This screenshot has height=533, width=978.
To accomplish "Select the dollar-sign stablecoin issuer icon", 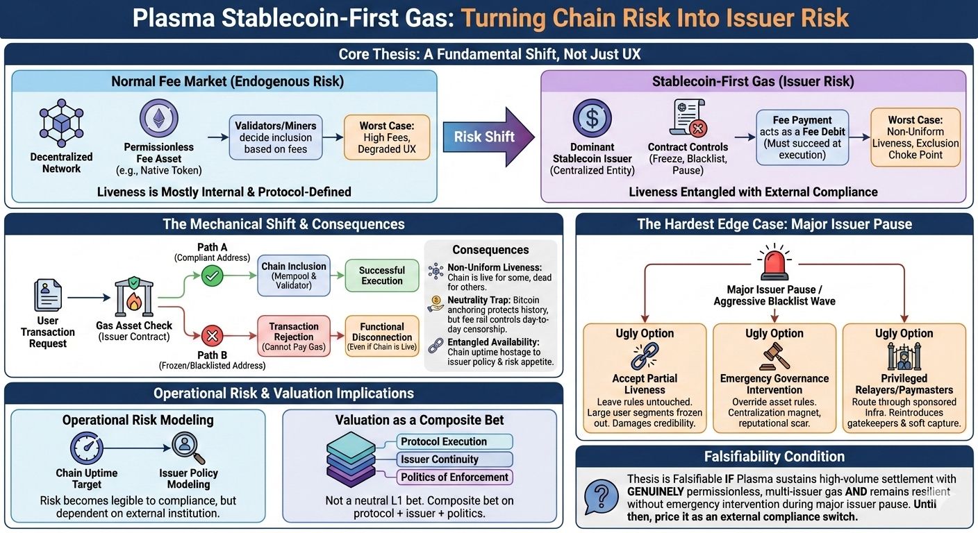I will coord(592,118).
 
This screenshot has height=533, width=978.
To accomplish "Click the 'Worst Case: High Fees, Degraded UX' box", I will coord(386,137).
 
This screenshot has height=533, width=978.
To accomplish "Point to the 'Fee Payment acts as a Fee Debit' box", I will coord(802,137).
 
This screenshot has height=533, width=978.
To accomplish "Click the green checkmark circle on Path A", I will coord(212,277).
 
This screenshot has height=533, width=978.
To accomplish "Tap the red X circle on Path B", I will coord(212,337).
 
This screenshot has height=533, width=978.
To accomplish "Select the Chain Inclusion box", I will coord(294,276).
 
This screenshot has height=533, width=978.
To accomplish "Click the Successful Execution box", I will coord(382,276).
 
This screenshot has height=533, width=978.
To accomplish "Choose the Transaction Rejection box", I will coord(294,337).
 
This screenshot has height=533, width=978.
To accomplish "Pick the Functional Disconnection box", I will coord(382,337).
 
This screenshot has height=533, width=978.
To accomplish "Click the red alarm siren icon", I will coord(774,262).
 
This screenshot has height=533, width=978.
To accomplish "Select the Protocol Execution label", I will coord(455,441).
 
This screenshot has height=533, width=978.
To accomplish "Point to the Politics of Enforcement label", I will coord(455,477).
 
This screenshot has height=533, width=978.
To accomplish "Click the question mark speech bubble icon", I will coord(601,497).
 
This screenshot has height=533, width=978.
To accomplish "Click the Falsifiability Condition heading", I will coord(774,457).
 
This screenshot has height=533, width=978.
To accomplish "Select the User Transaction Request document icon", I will coord(48,295).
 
